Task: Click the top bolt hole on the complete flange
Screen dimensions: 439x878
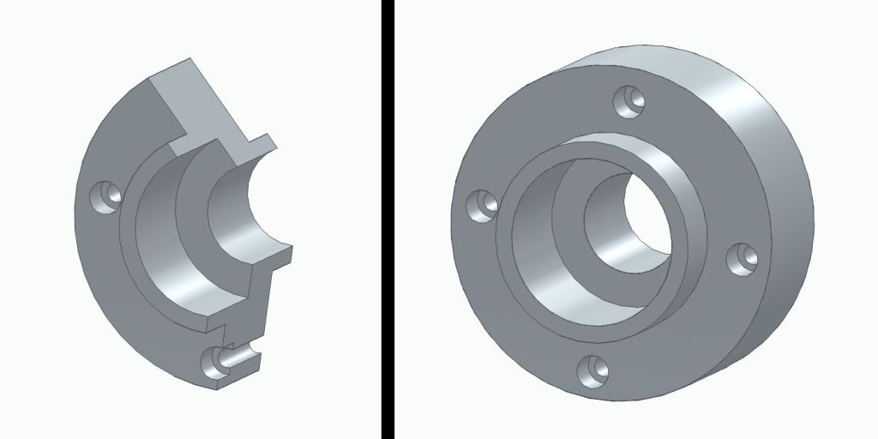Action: (x=633, y=100)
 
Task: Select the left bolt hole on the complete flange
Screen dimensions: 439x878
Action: (x=482, y=206)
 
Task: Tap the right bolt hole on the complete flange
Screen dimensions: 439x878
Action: (x=743, y=258)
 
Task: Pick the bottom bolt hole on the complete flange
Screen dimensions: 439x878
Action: (x=592, y=371)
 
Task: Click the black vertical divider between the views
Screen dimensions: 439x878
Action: (x=388, y=219)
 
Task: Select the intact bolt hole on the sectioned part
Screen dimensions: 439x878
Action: (x=107, y=195)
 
